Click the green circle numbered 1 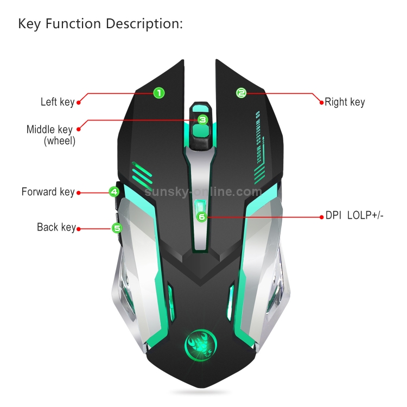coord(159,93)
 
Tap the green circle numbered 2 coord(241,93)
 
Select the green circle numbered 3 coord(203,120)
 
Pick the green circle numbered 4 coord(114,192)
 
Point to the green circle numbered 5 coord(117,228)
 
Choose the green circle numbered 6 coord(202,217)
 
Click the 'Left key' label coord(58,102)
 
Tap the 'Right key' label coord(345,102)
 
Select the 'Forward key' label coord(48,192)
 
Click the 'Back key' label coord(56,227)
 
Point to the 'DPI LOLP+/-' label coord(354,215)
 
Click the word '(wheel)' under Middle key coord(60,141)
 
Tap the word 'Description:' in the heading coord(144,24)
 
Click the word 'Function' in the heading coord(73,23)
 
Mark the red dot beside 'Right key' coord(322,103)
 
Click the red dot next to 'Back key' coord(78,229)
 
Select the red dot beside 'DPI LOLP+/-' coord(322,217)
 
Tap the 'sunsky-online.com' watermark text coord(203,192)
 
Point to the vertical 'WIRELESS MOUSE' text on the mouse coord(258,138)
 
